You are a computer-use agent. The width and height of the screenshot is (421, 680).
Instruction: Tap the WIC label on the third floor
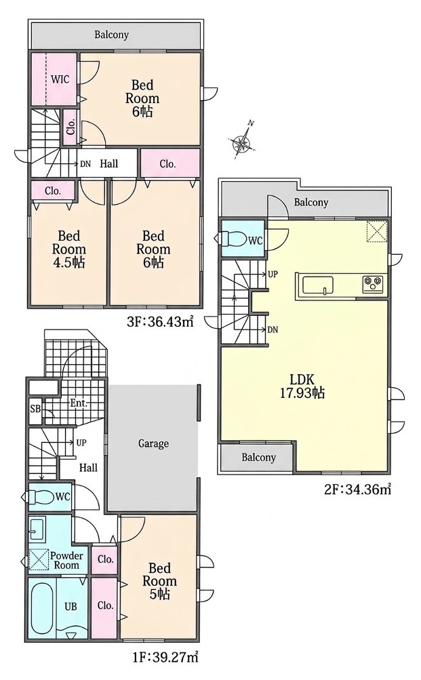[x=60, y=80]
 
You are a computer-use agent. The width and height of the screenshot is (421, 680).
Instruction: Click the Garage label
[x=153, y=443]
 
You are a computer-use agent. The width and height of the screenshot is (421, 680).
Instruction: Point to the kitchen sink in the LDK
[x=319, y=285]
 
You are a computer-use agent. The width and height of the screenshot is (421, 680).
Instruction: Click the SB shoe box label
[x=35, y=409]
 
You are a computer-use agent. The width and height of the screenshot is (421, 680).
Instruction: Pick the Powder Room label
[x=66, y=560]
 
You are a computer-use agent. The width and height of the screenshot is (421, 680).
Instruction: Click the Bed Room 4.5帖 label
[x=69, y=249]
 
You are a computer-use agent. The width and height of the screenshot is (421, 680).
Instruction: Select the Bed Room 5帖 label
[x=159, y=581]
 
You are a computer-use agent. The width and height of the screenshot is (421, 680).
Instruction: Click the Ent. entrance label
[x=79, y=403]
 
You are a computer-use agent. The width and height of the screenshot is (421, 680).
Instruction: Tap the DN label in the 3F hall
[x=85, y=164]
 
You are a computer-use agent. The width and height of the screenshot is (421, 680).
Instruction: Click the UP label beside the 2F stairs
[x=273, y=274]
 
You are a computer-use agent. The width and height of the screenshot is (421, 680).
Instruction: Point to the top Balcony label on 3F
[x=112, y=35]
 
